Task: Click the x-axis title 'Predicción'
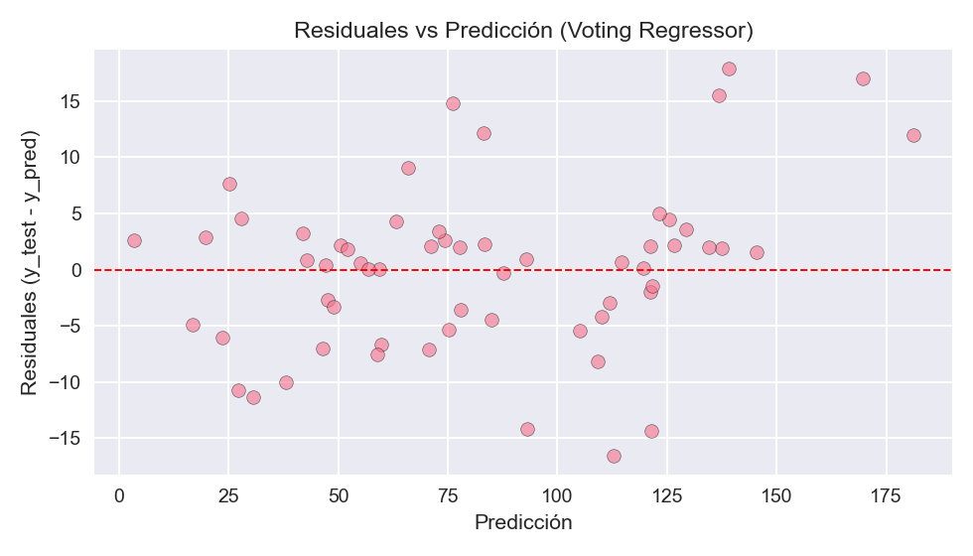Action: (523, 522)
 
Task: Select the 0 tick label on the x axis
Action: (119, 494)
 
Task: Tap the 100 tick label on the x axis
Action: (557, 494)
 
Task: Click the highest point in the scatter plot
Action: (729, 69)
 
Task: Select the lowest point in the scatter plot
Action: (614, 456)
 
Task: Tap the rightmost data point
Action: (913, 135)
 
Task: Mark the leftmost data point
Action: (134, 240)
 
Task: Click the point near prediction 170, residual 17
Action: (863, 78)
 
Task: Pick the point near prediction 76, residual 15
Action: (453, 103)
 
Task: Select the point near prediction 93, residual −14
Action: (527, 429)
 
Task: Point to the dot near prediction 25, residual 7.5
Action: (229, 184)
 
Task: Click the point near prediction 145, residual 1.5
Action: (757, 252)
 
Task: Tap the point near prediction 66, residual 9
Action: (408, 168)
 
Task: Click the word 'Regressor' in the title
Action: (700, 31)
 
